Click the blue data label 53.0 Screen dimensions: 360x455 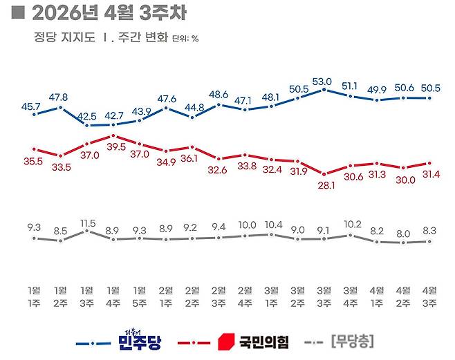pos(324,81)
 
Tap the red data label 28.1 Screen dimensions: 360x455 pos(325,185)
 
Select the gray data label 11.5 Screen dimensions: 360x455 pos(86,222)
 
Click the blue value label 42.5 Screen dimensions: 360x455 pos(87,115)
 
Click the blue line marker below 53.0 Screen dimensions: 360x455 pos(324,90)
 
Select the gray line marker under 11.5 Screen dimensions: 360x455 pos(86,231)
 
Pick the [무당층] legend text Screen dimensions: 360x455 pos(352,341)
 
